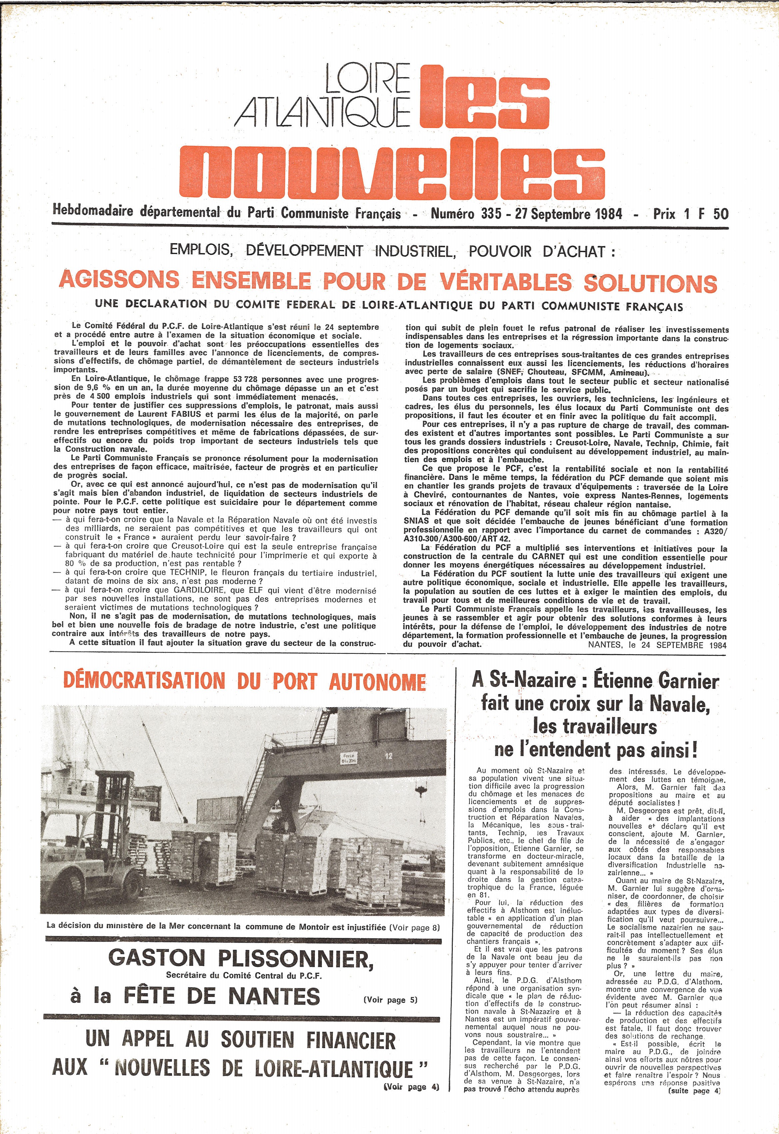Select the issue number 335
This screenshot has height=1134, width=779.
[x=490, y=213]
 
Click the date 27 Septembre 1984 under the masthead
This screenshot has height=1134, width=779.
[x=569, y=213]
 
